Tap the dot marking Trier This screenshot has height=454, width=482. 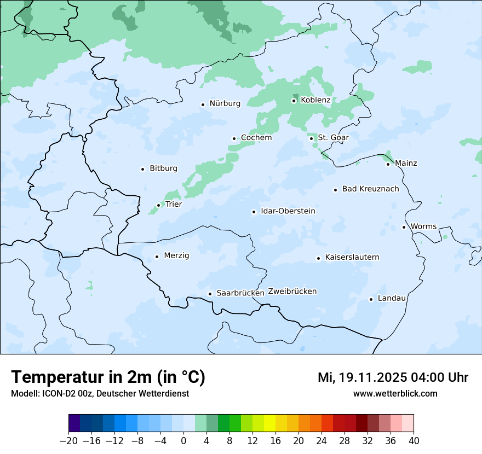(x=158, y=205)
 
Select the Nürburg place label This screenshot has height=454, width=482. (x=225, y=103)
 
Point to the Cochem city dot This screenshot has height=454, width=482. (x=234, y=138)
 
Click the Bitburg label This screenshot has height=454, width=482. (x=163, y=168)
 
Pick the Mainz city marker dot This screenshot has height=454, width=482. (x=388, y=164)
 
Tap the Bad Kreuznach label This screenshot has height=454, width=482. (x=370, y=189)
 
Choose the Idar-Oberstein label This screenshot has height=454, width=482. (x=288, y=211)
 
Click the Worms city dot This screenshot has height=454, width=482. (x=404, y=227)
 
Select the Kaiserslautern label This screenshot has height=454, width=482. (x=352, y=257)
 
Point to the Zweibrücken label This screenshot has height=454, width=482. (x=292, y=292)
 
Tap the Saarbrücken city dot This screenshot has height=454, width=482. (x=210, y=294)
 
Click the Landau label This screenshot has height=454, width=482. (x=392, y=298)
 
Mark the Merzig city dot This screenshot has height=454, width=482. (x=157, y=257)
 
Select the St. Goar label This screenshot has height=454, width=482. (x=333, y=137)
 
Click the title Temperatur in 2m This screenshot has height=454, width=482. (x=108, y=377)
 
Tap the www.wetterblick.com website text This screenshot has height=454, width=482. (x=395, y=393)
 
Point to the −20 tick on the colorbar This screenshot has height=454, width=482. (x=69, y=441)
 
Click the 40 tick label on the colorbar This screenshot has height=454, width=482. (x=414, y=441)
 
